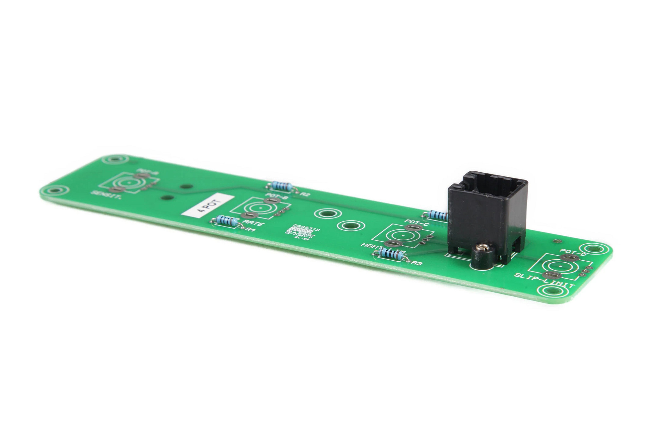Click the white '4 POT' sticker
207,205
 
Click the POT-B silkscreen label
273,196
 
